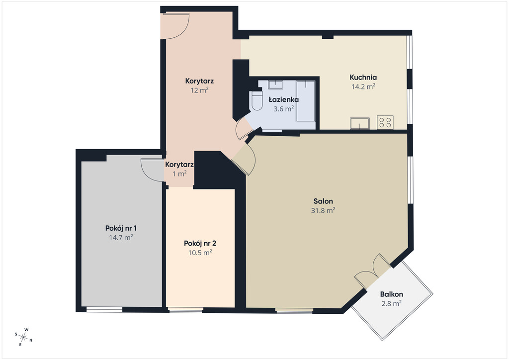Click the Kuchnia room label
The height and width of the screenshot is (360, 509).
[363, 77]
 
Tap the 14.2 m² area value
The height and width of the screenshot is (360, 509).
[363, 87]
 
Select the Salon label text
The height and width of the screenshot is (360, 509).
[323, 201]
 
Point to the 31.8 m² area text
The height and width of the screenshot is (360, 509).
[323, 210]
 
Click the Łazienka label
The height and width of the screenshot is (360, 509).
[283, 99]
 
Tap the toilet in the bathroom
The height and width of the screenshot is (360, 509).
[256, 101]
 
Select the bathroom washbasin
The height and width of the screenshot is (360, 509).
[275, 85]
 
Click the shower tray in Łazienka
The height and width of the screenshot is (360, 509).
[306, 101]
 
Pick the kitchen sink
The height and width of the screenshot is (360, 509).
[360, 123]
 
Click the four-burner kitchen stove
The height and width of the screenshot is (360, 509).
[385, 122]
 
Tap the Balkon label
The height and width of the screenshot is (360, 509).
[392, 294]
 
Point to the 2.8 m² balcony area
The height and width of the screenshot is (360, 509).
[392, 303]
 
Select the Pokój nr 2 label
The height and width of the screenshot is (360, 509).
[200, 243]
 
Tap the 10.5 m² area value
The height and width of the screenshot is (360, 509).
[200, 252]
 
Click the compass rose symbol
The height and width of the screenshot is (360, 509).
[23, 337]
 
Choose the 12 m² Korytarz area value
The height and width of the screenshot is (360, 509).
[199, 90]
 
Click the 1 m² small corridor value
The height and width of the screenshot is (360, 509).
[179, 174]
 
